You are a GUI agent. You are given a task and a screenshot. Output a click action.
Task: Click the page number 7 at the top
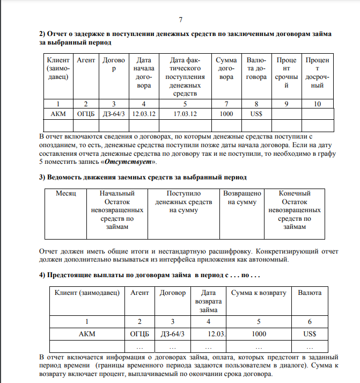click(x=181, y=20)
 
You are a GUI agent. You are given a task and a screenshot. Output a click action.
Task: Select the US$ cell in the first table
click(x=256, y=114)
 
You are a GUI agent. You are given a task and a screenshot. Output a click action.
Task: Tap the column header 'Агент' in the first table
click(x=86, y=61)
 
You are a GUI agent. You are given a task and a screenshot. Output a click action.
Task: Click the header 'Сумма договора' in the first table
click(x=226, y=69)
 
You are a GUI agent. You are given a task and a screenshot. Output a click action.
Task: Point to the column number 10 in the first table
click(x=317, y=103)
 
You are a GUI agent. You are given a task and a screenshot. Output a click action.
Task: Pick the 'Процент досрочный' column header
click(x=317, y=73)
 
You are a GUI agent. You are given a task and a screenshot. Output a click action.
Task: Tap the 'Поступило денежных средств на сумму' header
click(x=183, y=201)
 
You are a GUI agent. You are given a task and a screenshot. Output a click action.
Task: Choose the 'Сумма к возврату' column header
click(x=259, y=293)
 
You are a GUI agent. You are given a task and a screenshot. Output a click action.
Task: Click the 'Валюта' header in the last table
click(x=310, y=293)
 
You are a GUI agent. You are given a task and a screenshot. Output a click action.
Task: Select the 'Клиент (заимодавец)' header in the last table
click(x=86, y=293)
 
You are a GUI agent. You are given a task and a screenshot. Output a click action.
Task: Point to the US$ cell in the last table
click(x=310, y=334)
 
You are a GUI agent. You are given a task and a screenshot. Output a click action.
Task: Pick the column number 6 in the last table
click(x=310, y=321)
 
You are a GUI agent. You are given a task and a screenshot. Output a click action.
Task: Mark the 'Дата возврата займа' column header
click(x=208, y=301)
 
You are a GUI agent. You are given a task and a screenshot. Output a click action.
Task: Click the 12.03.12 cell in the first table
click(x=144, y=114)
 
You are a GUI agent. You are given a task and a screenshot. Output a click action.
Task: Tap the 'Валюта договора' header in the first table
click(x=256, y=69)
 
